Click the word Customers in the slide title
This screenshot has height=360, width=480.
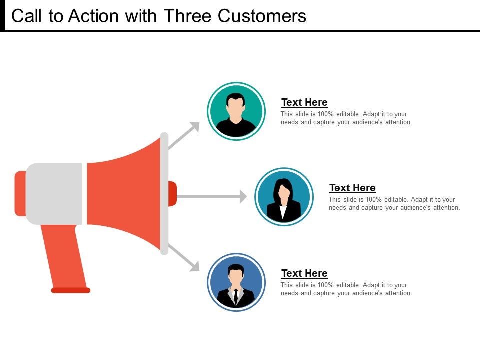pyautogui.click(x=262, y=16)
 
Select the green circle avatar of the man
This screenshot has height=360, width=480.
pyautogui.click(x=236, y=110)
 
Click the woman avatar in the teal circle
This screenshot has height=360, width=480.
pyautogui.click(x=284, y=196)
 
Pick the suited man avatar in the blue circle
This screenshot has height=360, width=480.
pyautogui.click(x=236, y=282)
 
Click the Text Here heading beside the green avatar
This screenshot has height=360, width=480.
pyautogui.click(x=304, y=102)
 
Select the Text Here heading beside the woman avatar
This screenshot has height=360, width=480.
pyautogui.click(x=352, y=188)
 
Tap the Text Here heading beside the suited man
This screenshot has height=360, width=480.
pyautogui.click(x=304, y=273)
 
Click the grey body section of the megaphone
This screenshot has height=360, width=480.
pyautogui.click(x=54, y=193)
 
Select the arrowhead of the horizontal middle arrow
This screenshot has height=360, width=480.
pyautogui.click(x=243, y=196)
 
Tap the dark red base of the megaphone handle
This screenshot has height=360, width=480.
pyautogui.click(x=71, y=290)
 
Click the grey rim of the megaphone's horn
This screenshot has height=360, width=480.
pyautogui.click(x=164, y=193)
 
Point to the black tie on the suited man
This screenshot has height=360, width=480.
pyautogui.click(x=236, y=295)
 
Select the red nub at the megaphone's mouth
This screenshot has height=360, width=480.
pyautogui.click(x=172, y=193)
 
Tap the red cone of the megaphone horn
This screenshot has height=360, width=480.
pyautogui.click(x=125, y=193)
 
